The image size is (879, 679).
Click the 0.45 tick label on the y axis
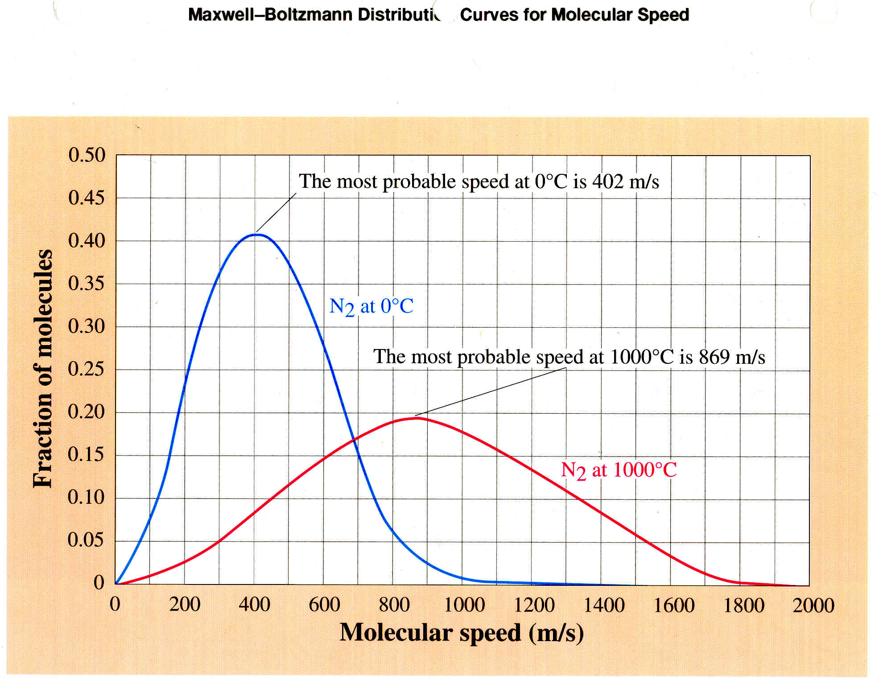(x=87, y=198)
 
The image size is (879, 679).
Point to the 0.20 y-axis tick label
(x=86, y=412)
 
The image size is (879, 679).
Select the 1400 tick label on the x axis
(x=604, y=605)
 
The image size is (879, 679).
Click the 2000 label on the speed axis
(x=813, y=605)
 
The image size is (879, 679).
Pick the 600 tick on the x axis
(x=324, y=605)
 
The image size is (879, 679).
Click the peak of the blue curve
(x=257, y=234)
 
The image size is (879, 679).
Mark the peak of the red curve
(x=416, y=418)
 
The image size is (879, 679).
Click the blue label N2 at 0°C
(x=371, y=307)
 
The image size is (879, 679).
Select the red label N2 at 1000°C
(x=618, y=470)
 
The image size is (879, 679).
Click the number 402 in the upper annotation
(x=607, y=181)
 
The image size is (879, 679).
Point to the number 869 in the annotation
(x=714, y=357)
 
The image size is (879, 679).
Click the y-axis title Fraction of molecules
(x=43, y=368)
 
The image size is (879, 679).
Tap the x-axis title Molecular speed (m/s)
(x=462, y=633)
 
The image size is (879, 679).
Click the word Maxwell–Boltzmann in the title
(x=270, y=15)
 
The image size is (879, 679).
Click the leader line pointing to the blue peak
(x=276, y=213)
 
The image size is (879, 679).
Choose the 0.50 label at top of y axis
(x=87, y=155)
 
